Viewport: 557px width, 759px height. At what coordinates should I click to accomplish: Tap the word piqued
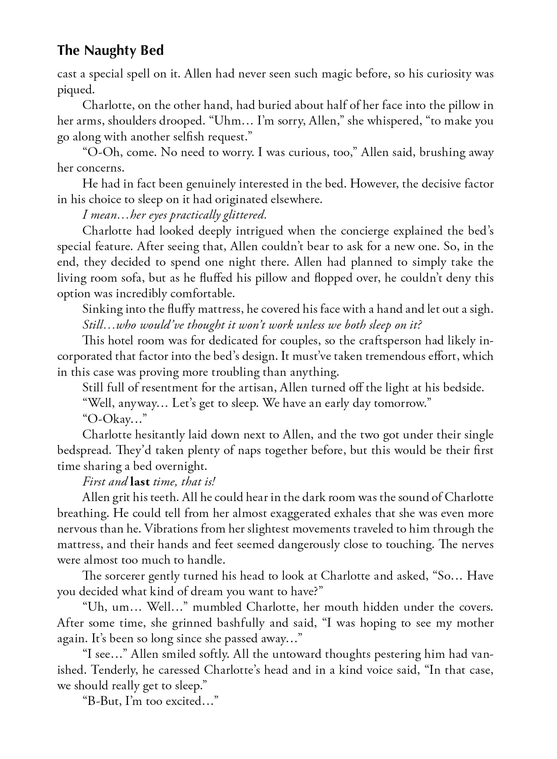click(x=75, y=90)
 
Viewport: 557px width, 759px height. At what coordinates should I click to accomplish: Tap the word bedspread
click(x=81, y=450)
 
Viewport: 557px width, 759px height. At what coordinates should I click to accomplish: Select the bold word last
click(x=140, y=482)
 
